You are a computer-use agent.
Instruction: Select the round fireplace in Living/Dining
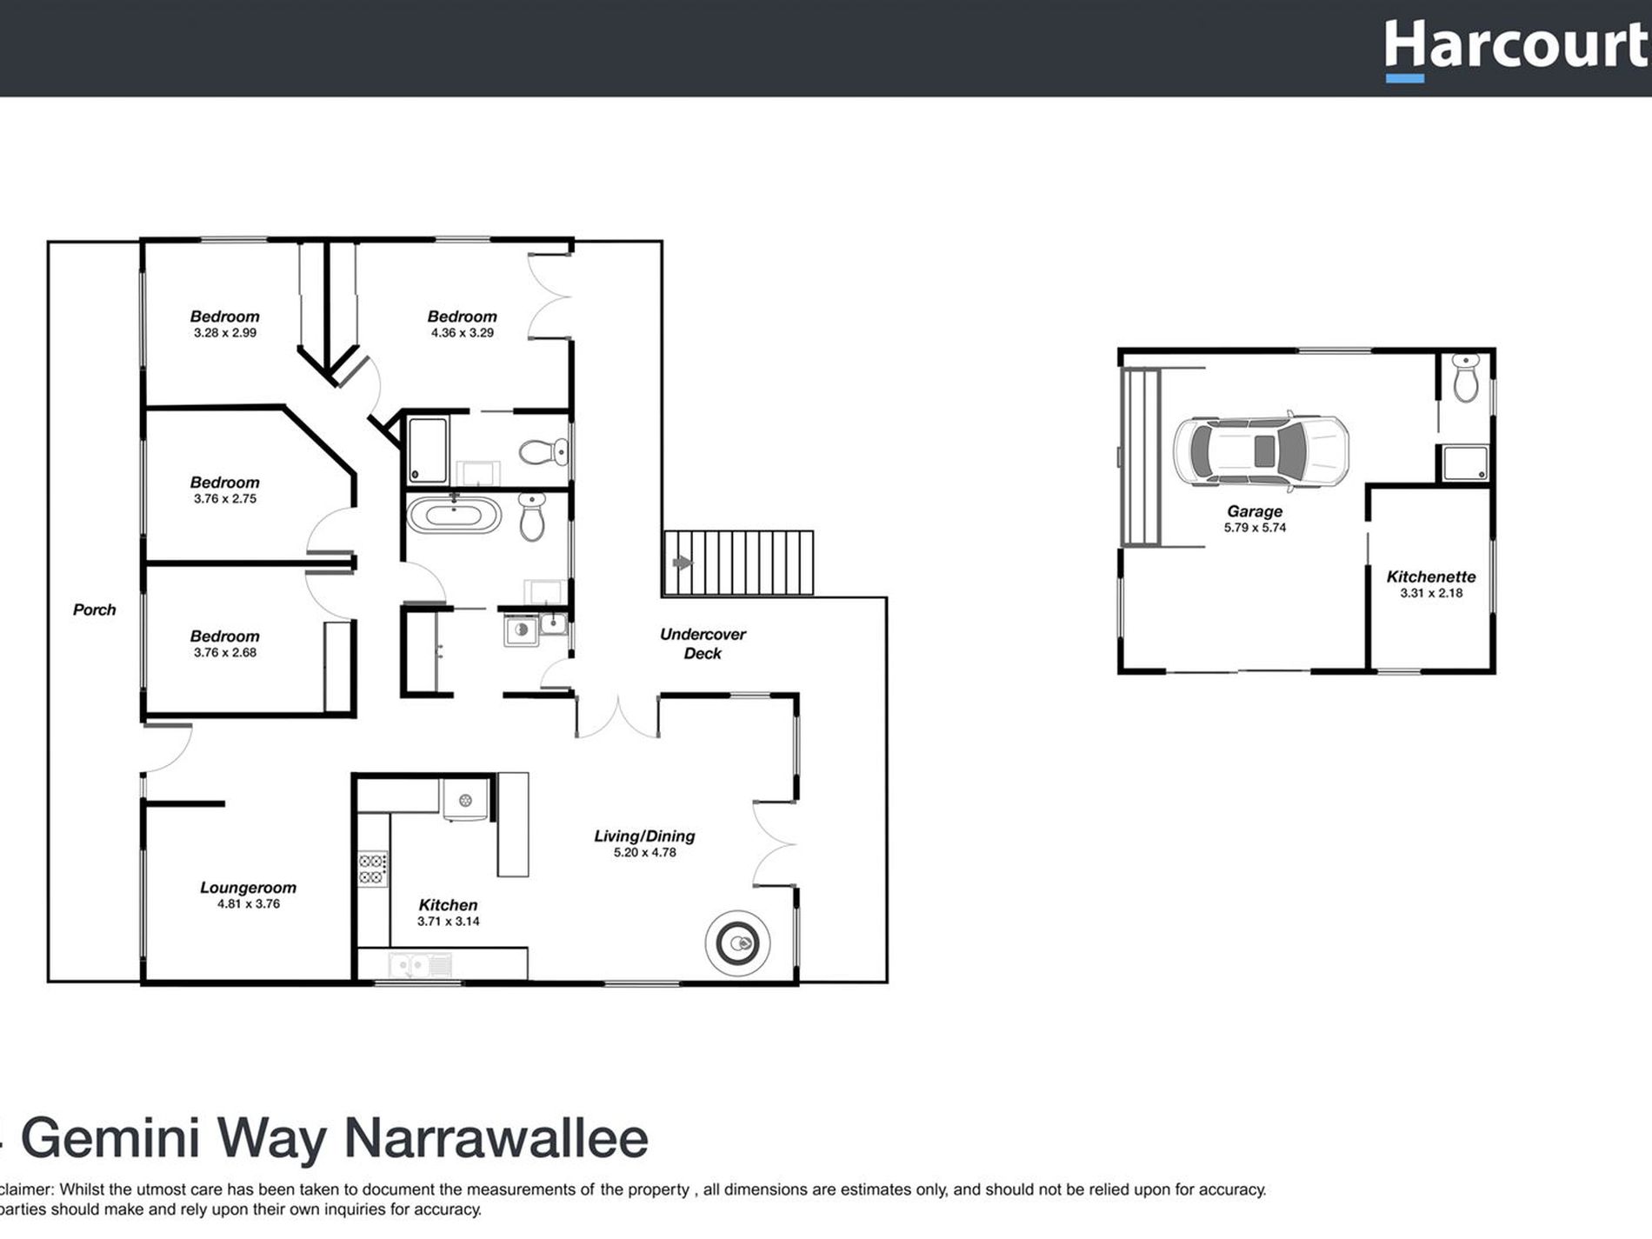(737, 943)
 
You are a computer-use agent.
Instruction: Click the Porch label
(94, 610)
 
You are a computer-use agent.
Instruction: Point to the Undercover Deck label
(703, 643)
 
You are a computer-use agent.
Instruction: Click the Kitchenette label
(1430, 576)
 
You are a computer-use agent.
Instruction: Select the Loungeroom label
(248, 888)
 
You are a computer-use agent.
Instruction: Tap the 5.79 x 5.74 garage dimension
(1255, 528)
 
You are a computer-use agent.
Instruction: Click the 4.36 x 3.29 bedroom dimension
(462, 333)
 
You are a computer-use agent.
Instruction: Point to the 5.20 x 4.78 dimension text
(644, 853)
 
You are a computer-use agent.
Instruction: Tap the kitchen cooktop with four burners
(373, 869)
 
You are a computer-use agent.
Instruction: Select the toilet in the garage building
(1465, 380)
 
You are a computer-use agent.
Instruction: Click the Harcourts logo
(1517, 47)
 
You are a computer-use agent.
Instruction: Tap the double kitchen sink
(420, 964)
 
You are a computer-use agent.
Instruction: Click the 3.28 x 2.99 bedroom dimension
(224, 333)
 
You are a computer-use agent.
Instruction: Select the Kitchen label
(448, 905)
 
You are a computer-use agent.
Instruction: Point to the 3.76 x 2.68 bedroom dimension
(224, 653)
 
